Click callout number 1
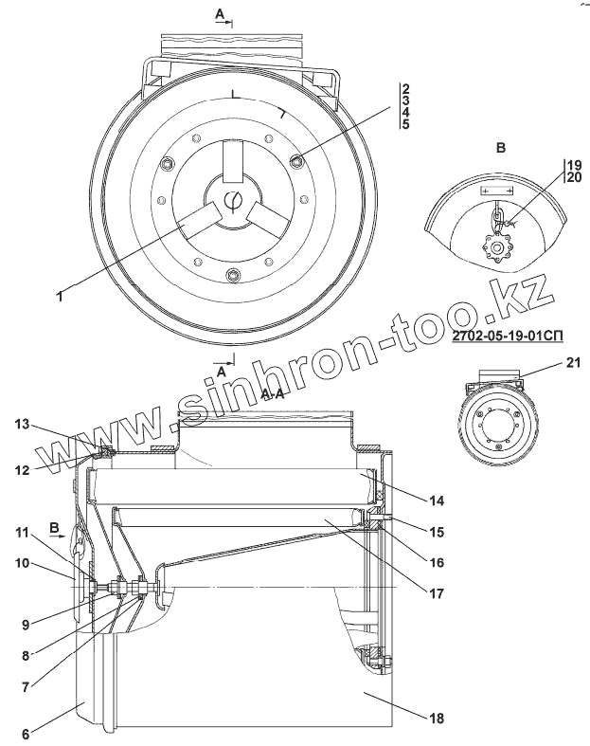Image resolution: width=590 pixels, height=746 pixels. coord(59,297)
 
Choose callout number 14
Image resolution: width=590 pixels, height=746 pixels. coord(436,500)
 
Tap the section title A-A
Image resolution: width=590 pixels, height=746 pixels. coord(271,393)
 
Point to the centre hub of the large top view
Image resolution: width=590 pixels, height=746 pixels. coord(233,203)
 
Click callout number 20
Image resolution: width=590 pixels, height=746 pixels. coord(572,176)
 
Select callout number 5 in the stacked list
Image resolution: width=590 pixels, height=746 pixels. coord(405,125)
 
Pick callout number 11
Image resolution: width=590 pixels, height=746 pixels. coord(22,533)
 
